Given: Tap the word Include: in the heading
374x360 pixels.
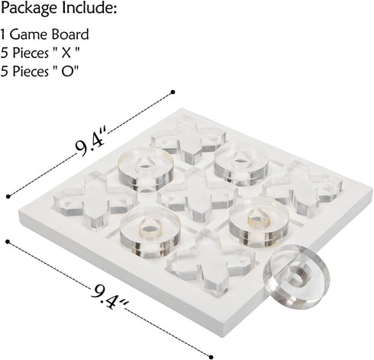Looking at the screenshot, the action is pyautogui.click(x=89, y=8).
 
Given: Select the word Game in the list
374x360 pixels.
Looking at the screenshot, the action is pyautogui.click(x=29, y=34).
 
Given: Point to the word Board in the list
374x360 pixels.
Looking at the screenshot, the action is pyautogui.click(x=70, y=34).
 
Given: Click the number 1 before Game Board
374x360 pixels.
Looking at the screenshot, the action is pyautogui.click(x=3, y=34).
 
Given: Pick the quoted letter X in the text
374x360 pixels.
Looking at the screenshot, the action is pyautogui.click(x=66, y=53).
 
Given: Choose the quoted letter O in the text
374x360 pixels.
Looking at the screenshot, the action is pyautogui.click(x=68, y=72).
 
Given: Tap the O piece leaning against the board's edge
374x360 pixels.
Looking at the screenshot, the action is pyautogui.click(x=297, y=277).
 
